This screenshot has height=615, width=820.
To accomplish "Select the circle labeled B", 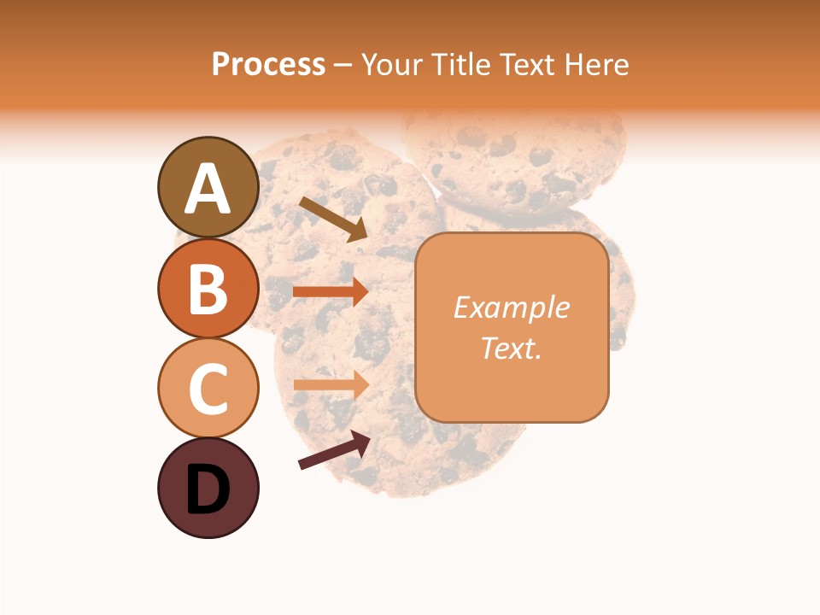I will [208, 288].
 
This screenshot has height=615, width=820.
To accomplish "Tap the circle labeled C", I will [208, 388].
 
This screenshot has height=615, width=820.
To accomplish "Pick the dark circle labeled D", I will [208, 488].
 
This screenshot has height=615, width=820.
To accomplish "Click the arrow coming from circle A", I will [334, 219].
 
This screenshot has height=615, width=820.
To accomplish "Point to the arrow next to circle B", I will [331, 292].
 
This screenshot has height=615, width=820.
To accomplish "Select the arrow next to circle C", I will [331, 384].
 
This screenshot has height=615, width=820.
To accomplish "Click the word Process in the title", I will [268, 64].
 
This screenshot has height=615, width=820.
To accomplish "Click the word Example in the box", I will [512, 307].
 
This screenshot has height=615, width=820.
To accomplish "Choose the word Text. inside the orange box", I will [512, 348].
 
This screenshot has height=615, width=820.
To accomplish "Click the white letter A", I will [208, 189].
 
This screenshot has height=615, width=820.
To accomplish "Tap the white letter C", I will [208, 389].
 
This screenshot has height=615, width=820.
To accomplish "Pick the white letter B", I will [208, 289].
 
